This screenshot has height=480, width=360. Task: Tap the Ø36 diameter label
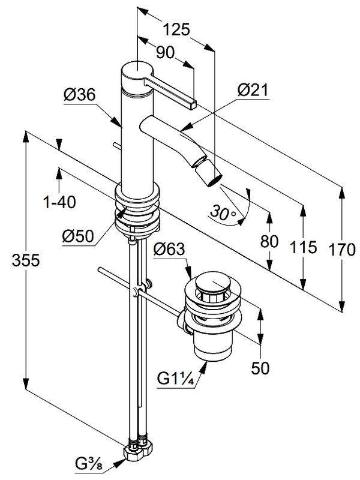(79, 94)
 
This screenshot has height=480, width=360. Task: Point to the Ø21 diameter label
(253, 91)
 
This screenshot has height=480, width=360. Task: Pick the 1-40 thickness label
(59, 203)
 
